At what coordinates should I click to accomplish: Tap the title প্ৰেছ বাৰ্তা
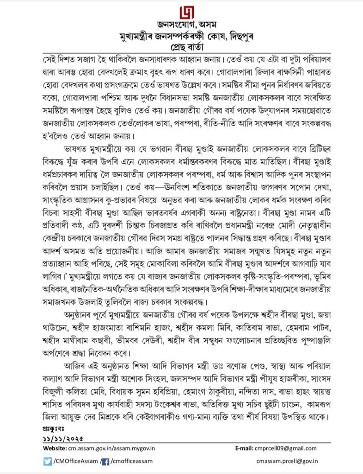pyautogui.click(x=181, y=47)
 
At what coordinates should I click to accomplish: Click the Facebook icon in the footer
pyautogui.click(x=105, y=461)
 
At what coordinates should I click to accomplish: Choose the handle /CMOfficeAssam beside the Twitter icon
pyautogui.click(x=74, y=461)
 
